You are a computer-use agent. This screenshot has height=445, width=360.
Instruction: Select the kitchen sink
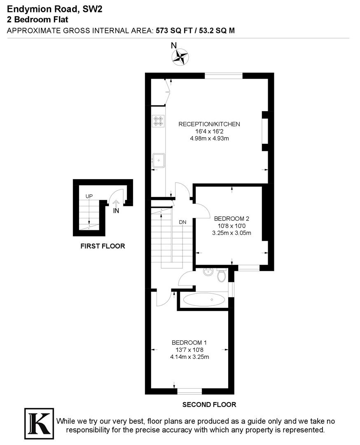pos(158,159)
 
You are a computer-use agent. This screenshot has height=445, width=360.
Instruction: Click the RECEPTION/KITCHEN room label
pos(209,124)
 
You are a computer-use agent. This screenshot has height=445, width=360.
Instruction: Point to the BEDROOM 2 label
pos(231,219)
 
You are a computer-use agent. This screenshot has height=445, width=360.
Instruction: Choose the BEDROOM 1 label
pos(189,342)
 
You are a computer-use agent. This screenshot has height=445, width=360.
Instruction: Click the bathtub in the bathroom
pos(203,300)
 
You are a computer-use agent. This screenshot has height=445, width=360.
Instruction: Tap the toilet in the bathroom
pos(222,275)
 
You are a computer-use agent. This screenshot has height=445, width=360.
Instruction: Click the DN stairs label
pos(182,222)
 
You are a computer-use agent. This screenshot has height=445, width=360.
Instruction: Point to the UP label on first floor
pos(89,196)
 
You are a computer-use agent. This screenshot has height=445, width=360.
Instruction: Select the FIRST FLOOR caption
pos(103,246)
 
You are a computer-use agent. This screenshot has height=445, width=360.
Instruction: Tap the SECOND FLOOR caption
pos(209,405)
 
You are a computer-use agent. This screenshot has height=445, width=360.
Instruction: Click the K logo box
pos(39,422)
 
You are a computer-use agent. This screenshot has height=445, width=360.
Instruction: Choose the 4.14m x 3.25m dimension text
pos(189,357)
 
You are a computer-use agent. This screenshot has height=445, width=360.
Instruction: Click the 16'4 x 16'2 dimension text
pos(209,131)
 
